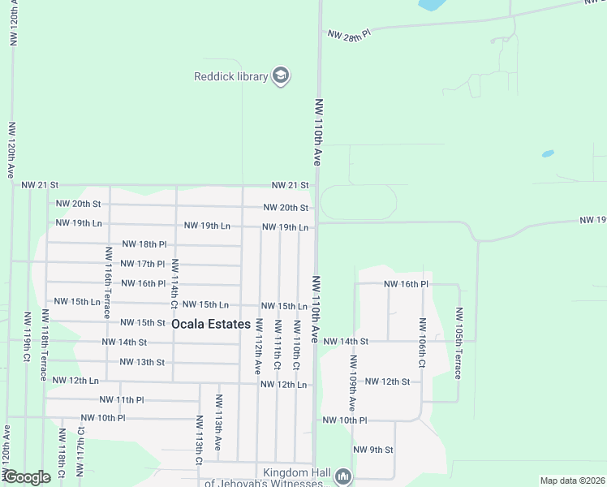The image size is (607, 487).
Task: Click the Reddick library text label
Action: point(230,76)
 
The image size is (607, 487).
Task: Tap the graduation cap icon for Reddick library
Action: point(281,76)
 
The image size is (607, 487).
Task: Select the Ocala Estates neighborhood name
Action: point(211,324)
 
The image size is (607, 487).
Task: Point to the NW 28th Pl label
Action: point(349,34)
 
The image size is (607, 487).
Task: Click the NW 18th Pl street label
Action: point(144,244)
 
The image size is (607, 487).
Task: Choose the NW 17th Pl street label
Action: point(143,264)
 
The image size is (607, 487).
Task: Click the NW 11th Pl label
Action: point(121,400)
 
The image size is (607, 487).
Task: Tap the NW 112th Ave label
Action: point(259,345)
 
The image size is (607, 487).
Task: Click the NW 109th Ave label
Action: point(353,381)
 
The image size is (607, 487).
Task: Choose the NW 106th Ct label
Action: point(421,342)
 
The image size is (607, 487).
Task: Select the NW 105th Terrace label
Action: point(458,343)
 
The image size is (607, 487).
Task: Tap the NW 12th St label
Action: point(386,381)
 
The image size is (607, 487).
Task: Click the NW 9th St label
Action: point(373,450)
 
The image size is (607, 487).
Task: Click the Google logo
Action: point(27,477)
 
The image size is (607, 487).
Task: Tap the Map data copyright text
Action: point(572,481)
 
